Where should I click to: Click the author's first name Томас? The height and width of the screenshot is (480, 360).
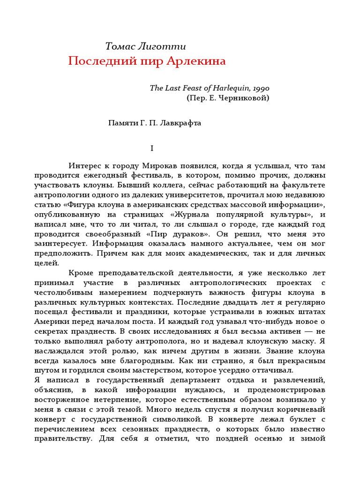[x=120, y=46]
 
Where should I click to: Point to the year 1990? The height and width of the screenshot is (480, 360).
[x=260, y=88]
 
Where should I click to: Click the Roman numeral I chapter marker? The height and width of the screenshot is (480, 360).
[x=151, y=148]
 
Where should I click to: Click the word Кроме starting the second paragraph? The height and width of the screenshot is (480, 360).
[x=83, y=273]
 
